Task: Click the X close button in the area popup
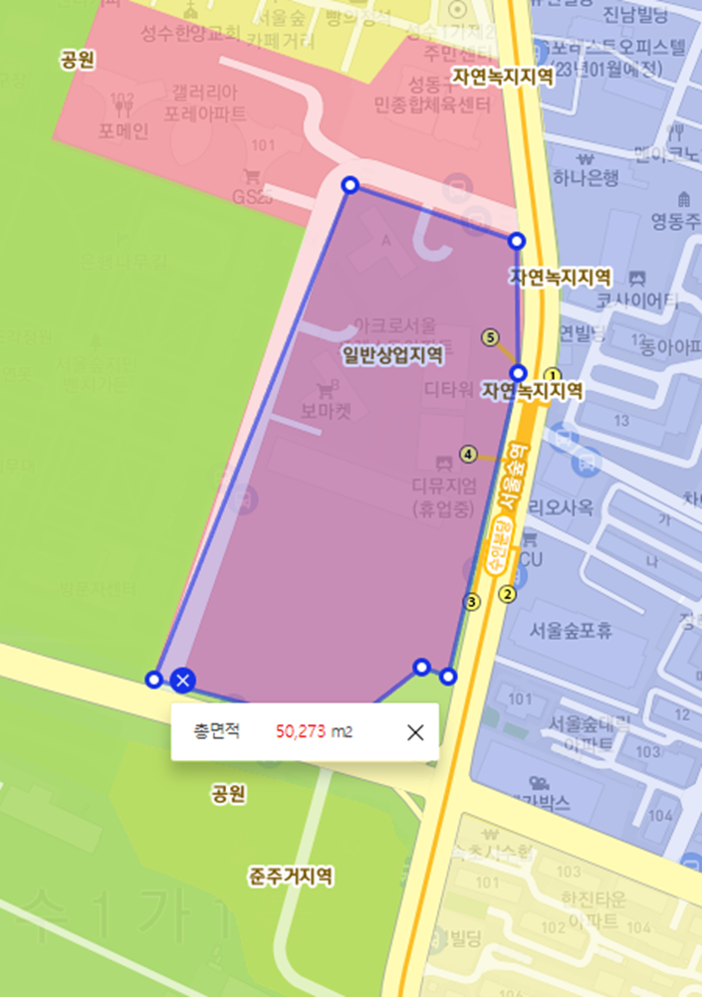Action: (415, 732)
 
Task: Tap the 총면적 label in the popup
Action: (217, 732)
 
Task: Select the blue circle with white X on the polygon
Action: (182, 681)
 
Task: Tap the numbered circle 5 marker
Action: (489, 338)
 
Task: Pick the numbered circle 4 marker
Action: (468, 455)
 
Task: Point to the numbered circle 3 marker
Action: (472, 601)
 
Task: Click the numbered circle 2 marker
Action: (508, 595)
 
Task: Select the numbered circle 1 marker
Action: (555, 374)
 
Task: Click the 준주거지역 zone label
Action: (291, 877)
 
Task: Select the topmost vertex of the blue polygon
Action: (350, 185)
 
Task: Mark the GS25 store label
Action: (252, 197)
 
